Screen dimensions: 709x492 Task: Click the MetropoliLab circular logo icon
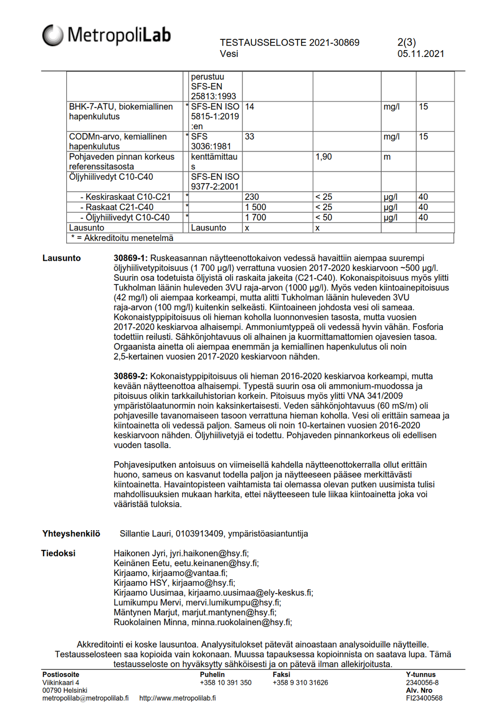coord(53,35)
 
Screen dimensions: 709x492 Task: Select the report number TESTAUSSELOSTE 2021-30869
coord(289,43)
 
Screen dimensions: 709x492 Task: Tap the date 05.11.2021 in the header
coord(420,54)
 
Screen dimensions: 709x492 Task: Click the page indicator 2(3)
coord(406,43)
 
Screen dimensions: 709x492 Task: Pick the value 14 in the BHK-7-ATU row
coord(249,107)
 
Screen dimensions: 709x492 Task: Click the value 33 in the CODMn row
coord(249,137)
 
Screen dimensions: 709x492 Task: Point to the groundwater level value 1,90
coord(324,157)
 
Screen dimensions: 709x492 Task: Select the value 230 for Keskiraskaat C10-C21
coord(252,197)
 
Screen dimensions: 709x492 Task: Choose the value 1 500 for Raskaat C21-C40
coord(255,207)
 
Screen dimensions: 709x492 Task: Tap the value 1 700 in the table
coord(255,218)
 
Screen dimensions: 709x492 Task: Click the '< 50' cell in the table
coord(324,218)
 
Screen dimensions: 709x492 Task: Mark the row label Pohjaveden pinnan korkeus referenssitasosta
coord(122,162)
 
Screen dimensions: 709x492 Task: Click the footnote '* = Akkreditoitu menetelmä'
coord(122,238)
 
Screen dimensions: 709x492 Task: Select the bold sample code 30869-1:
coord(131,258)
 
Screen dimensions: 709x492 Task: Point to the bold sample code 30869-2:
coord(131,376)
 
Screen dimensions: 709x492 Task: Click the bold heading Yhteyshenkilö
coord(71,534)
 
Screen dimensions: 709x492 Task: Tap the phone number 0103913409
coord(199,534)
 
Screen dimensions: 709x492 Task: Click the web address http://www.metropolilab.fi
coord(177,698)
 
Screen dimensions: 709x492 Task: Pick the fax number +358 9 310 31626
coord(300,683)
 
